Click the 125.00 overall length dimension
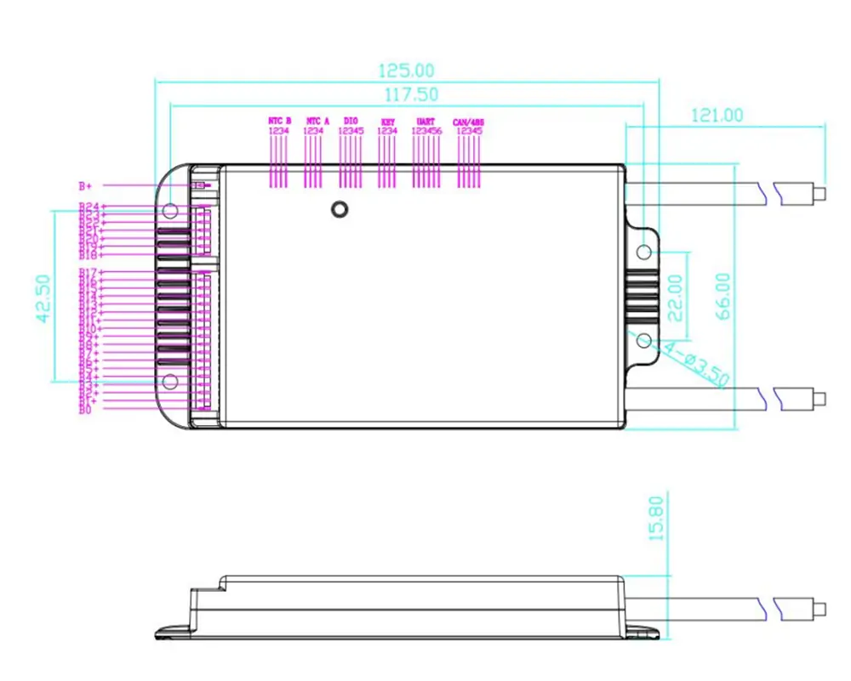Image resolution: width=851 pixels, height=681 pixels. pyautogui.click(x=406, y=70)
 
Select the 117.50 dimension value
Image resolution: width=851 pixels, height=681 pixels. pyautogui.click(x=406, y=94)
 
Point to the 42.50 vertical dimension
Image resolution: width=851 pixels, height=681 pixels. pyautogui.click(x=43, y=298)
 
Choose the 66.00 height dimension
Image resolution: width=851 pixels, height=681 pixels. pyautogui.click(x=723, y=296)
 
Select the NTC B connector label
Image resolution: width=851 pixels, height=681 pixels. pyautogui.click(x=279, y=122)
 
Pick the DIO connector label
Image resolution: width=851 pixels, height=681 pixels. pyautogui.click(x=351, y=122)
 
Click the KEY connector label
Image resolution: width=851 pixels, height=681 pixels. pyautogui.click(x=388, y=122)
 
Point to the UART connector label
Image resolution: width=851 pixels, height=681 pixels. pyautogui.click(x=426, y=122)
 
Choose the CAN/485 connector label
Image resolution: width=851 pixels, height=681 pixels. pyautogui.click(x=469, y=122)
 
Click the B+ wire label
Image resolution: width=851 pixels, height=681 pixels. pyautogui.click(x=85, y=185)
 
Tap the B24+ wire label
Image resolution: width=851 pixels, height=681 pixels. pyautogui.click(x=89, y=207)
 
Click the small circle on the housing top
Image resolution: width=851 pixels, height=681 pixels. pyautogui.click(x=340, y=209)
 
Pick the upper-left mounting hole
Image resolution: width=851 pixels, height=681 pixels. pyautogui.click(x=169, y=209)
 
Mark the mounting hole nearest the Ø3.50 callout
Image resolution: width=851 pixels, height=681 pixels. pyautogui.click(x=644, y=340)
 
